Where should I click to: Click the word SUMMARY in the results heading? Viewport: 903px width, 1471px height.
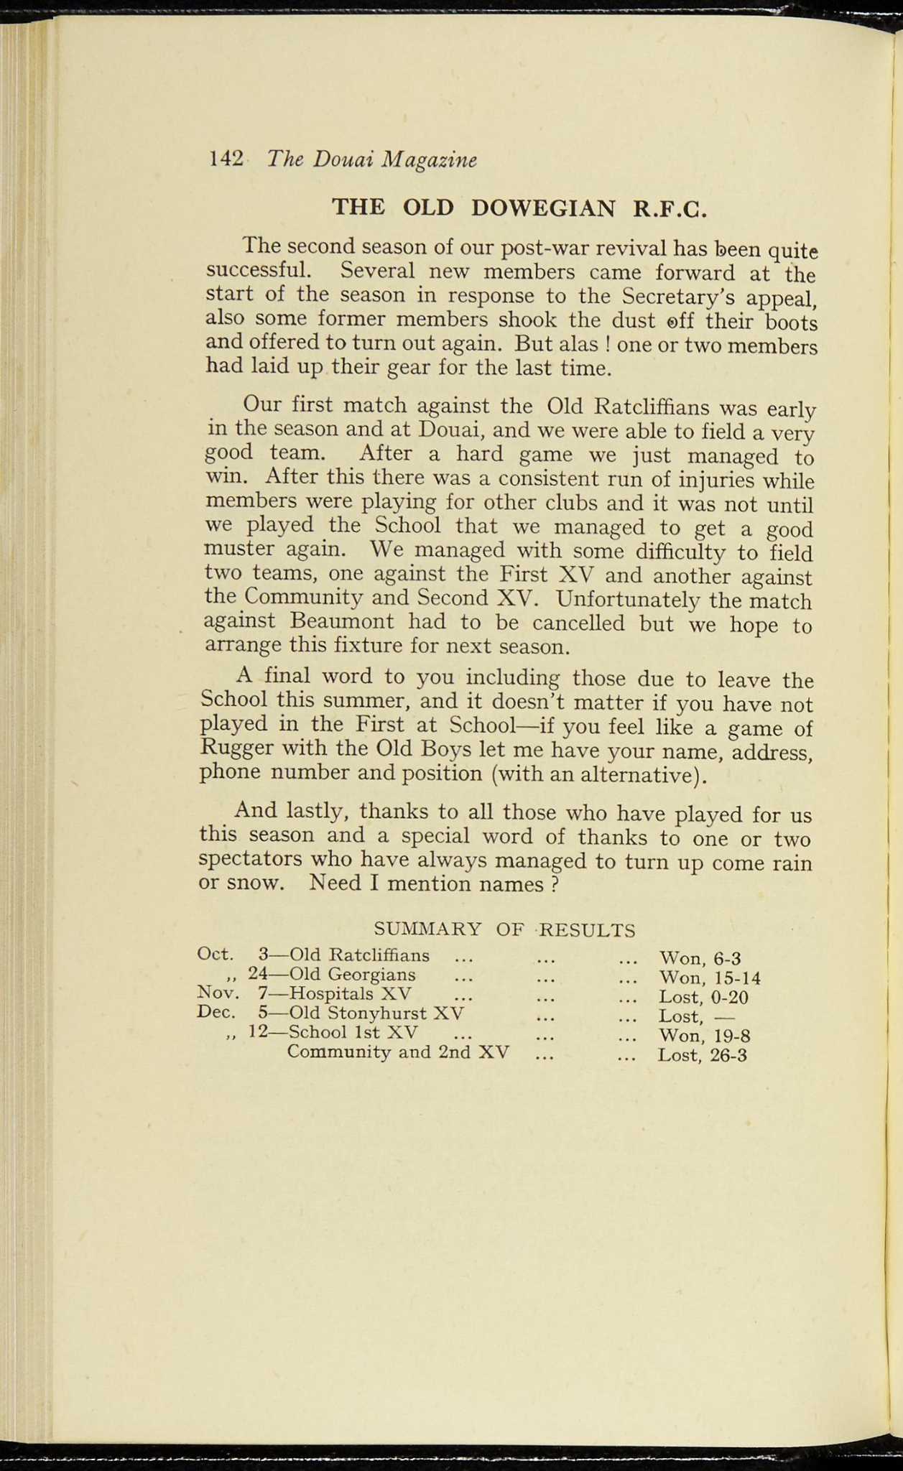[x=428, y=929]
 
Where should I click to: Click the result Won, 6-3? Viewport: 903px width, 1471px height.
[x=699, y=959]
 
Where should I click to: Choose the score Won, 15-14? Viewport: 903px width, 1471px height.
[x=709, y=978]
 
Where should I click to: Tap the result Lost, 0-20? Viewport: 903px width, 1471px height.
[x=703, y=998]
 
